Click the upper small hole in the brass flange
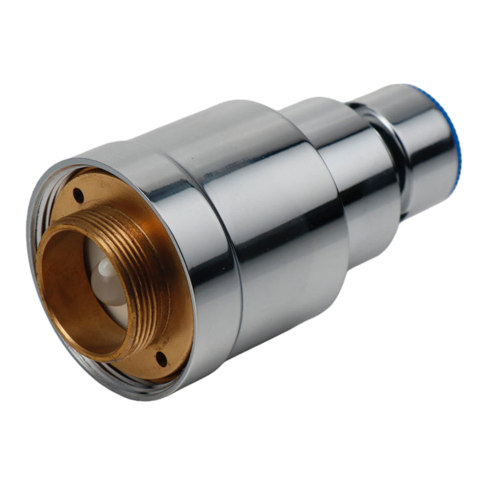coord(78,194)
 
